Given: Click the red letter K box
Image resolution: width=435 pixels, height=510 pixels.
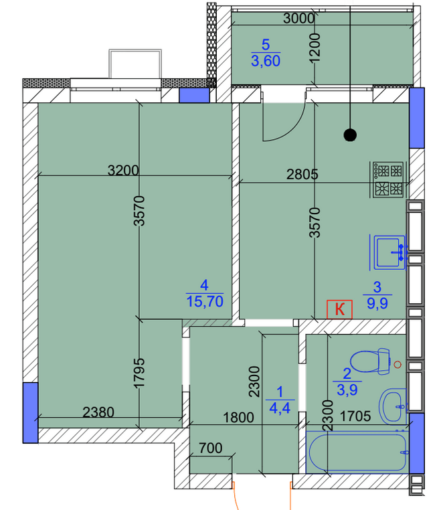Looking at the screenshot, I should click(x=339, y=309).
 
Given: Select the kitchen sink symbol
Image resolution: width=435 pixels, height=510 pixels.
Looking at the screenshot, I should click(x=389, y=251).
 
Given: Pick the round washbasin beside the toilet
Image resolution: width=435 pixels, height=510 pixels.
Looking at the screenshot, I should click(x=393, y=404).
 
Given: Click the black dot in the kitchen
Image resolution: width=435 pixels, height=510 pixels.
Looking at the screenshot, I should click(x=349, y=135).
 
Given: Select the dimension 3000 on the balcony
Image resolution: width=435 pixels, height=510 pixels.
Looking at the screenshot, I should click(x=298, y=19).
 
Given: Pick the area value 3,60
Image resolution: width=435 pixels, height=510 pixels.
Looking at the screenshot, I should click(x=265, y=62).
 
